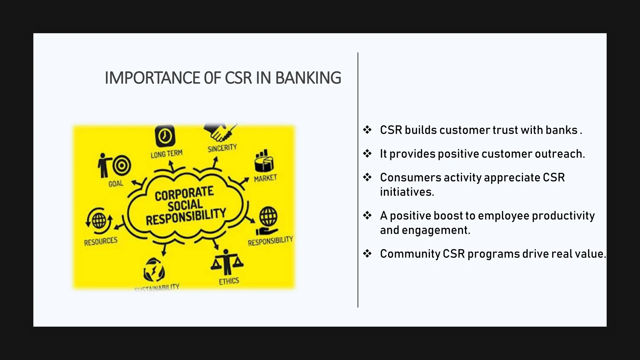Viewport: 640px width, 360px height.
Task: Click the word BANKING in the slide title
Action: coord(308,78)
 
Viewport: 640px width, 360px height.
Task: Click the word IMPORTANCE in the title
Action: coord(152,78)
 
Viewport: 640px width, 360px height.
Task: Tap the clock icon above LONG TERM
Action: coord(165,136)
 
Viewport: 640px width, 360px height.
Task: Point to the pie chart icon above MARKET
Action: coord(264,161)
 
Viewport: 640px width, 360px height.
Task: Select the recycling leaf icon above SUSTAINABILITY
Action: coord(153,270)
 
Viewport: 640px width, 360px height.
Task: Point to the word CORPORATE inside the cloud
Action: coord(184,194)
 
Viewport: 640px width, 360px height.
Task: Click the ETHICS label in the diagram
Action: coord(229,281)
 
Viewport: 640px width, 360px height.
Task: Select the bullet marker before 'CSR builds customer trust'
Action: coord(367,130)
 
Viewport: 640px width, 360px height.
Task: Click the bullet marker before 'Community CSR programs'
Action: coord(367,253)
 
